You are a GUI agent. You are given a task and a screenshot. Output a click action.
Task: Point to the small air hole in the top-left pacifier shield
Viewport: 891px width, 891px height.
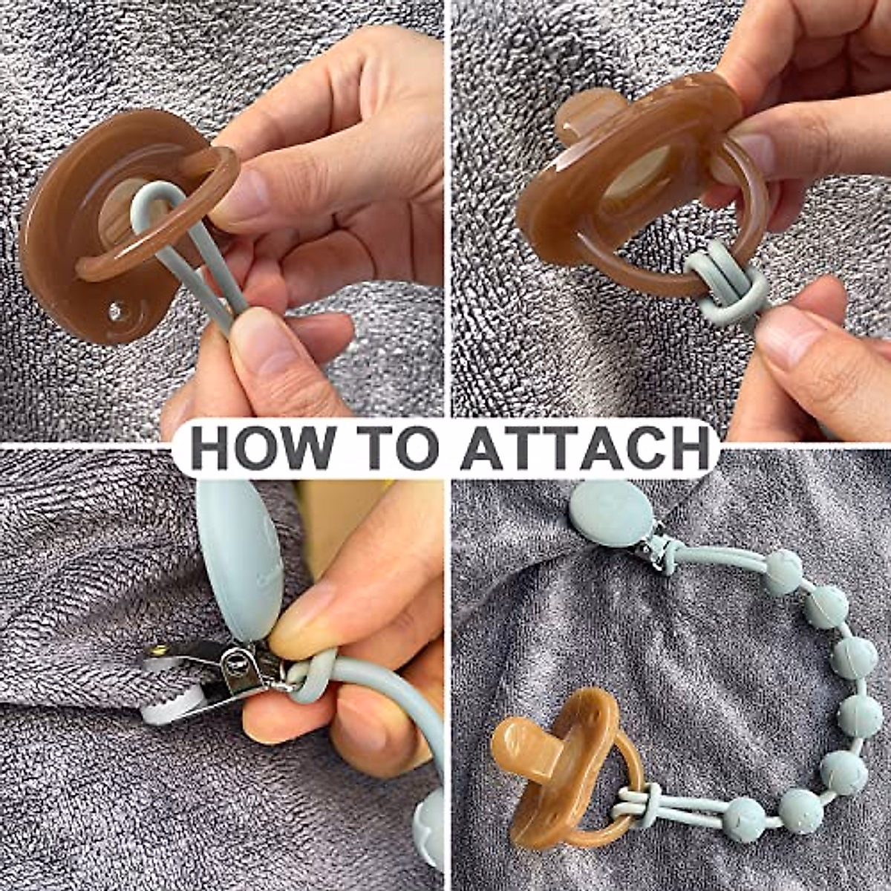click(114, 310)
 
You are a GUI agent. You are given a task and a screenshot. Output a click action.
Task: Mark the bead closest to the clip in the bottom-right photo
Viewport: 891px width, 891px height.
click(783, 572)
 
